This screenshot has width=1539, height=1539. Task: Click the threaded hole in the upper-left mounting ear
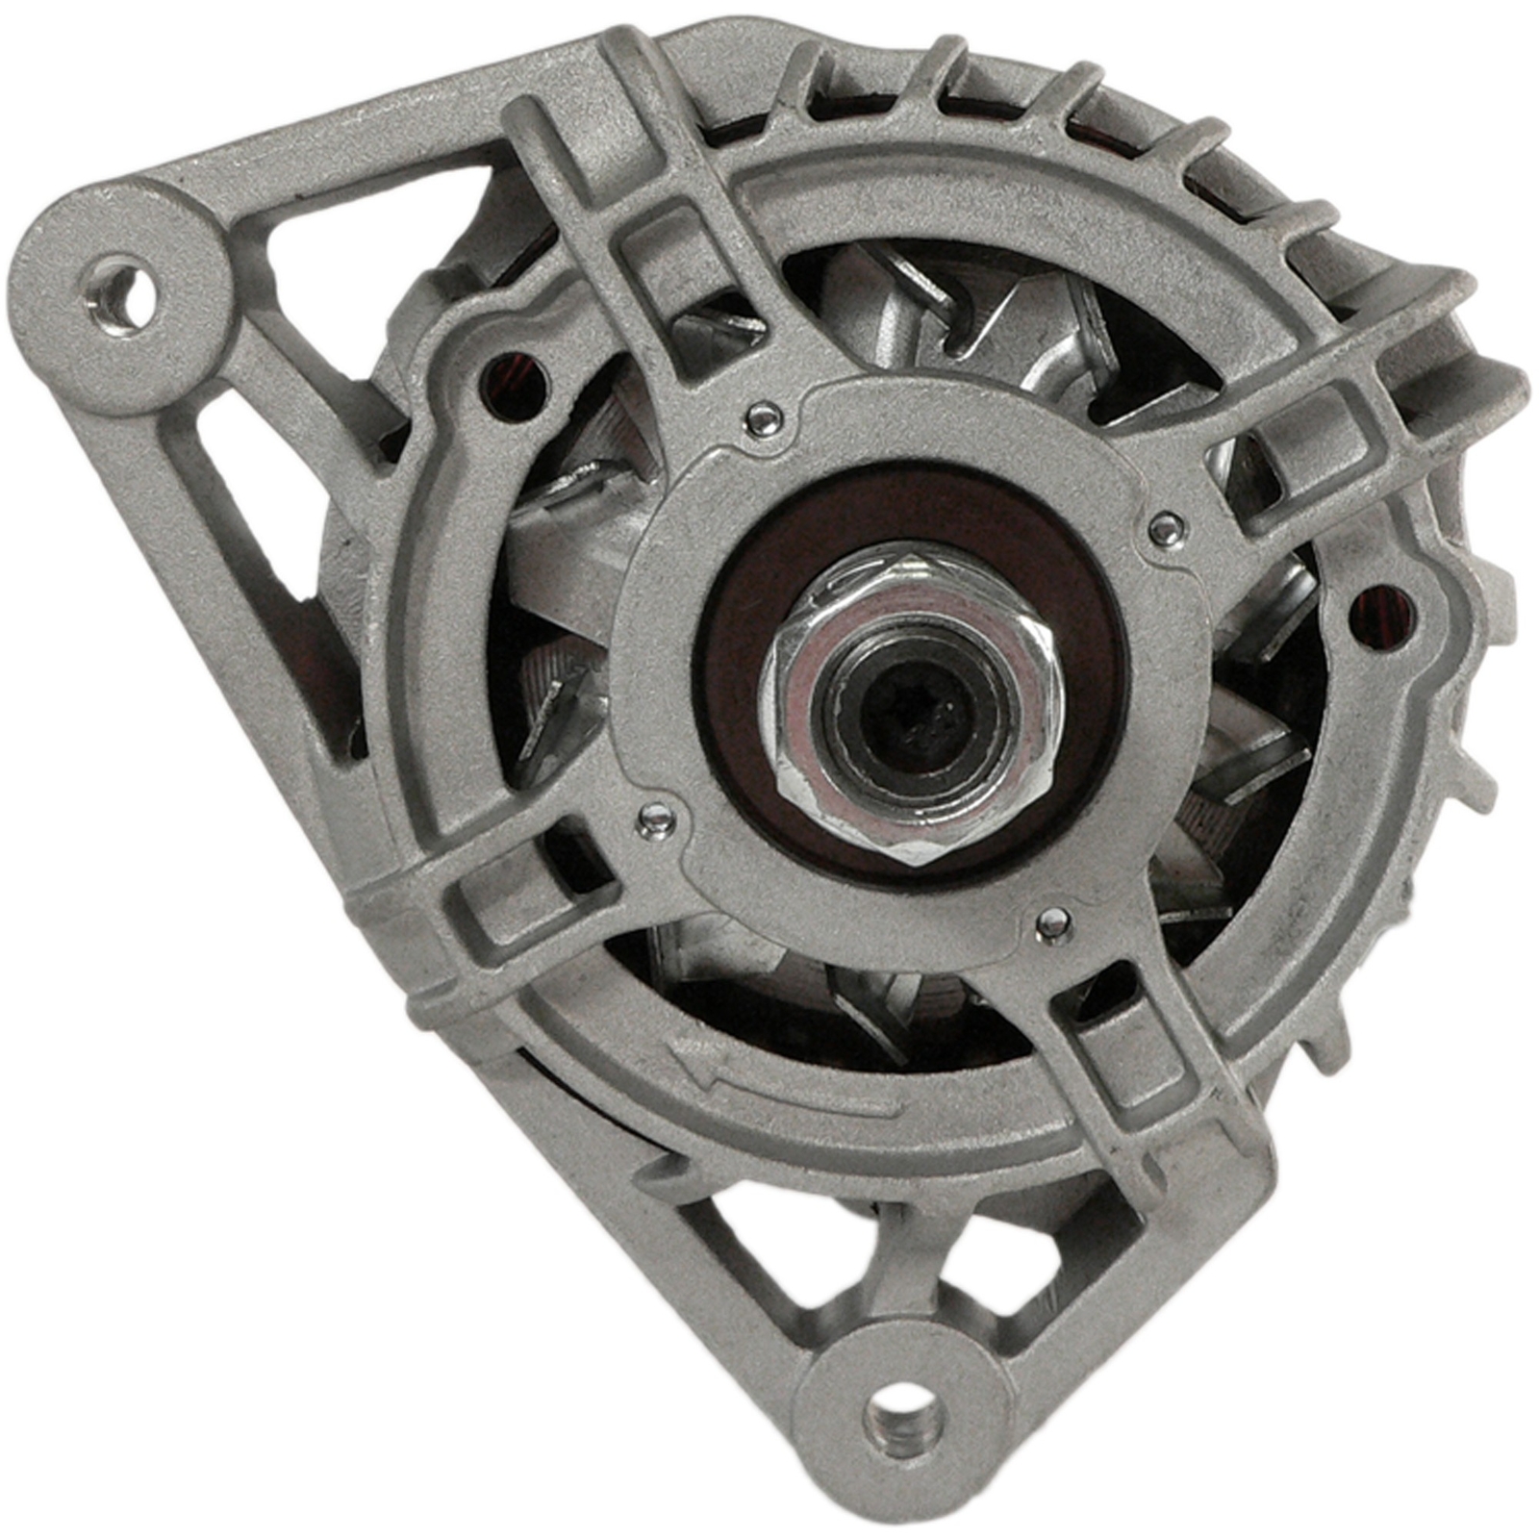click(x=121, y=291)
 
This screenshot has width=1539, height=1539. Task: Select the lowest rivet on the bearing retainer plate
click(x=1053, y=924)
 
